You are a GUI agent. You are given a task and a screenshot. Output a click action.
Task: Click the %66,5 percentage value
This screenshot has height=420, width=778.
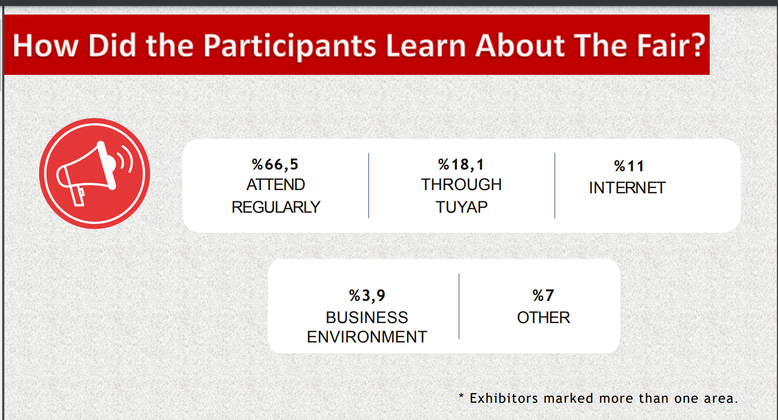pos(275,165)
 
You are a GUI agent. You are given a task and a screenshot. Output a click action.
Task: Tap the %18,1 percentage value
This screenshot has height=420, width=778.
pos(461,165)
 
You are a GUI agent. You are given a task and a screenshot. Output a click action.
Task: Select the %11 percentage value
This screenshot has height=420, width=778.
pos(629,166)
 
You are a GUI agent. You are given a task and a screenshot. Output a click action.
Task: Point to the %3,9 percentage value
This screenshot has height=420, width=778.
pos(367,296)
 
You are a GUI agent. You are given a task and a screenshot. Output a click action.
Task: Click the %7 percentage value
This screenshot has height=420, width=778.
pos(543,296)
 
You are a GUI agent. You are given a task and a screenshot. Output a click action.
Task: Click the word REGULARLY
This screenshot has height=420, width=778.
pos(276,207)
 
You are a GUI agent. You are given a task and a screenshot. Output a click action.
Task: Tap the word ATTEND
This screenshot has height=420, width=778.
pos(276,185)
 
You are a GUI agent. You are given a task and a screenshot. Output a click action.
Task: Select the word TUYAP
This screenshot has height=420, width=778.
pos(462,207)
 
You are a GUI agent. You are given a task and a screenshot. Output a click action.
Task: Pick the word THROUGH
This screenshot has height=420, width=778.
pos(461,185)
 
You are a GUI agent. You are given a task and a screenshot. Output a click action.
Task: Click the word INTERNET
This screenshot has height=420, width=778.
pos(627,188)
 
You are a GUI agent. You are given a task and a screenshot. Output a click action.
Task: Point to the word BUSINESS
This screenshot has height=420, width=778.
pos(367,317)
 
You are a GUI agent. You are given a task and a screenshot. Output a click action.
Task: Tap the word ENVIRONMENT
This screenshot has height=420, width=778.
pos(367,337)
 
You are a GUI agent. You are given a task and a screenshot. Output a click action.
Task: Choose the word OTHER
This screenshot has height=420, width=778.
pos(544,317)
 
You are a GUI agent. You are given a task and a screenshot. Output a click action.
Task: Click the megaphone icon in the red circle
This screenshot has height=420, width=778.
pos(95,173)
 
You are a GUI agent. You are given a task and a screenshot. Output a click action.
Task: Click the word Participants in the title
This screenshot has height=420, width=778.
pos(290,46)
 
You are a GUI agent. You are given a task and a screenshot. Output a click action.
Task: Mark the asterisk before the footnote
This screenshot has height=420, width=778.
pos(461,396)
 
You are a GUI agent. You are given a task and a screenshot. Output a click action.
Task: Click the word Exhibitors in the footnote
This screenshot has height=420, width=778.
pos(504,398)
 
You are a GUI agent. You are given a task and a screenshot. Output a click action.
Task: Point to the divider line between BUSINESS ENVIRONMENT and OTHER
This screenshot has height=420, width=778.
pos(459,306)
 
